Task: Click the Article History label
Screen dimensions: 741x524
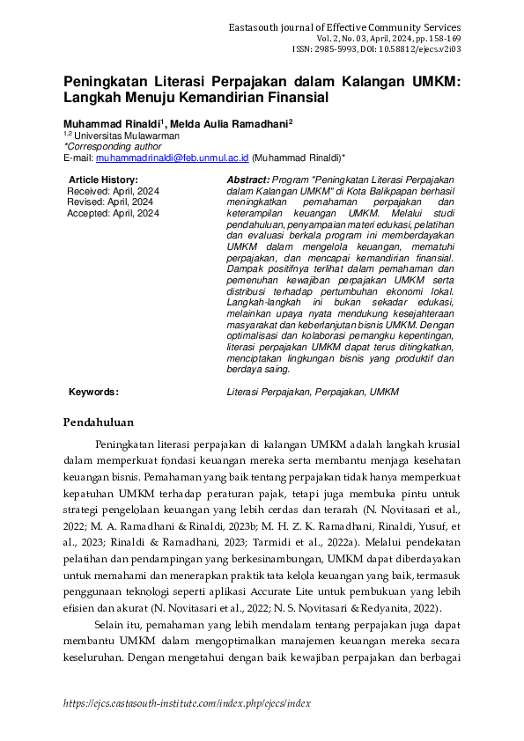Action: [x=103, y=180]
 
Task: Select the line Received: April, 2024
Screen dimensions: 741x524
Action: [x=114, y=191]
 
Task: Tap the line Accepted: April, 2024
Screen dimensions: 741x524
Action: [x=114, y=213]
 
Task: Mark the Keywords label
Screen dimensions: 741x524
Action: [x=93, y=392]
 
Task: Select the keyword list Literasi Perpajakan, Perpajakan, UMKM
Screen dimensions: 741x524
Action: [x=313, y=392]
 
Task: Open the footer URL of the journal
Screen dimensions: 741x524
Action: [x=187, y=704]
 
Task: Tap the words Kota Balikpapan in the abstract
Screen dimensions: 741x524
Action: [x=379, y=191]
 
